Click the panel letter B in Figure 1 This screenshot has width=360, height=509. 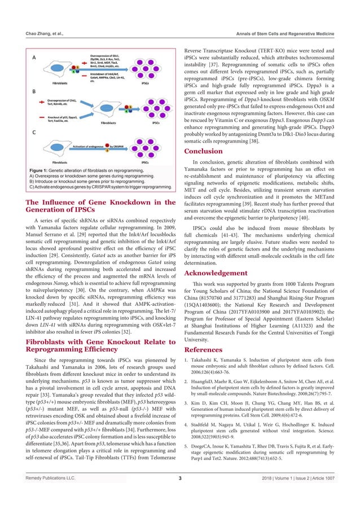(33, 90)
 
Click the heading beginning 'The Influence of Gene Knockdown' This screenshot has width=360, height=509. (98, 202)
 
